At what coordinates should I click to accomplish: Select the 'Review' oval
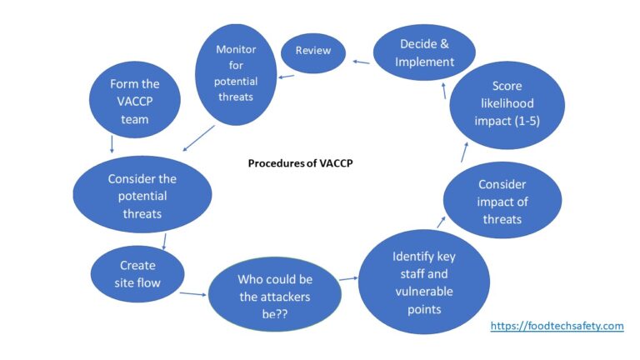pos(312,51)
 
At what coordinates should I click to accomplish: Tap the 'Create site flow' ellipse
pos(137,274)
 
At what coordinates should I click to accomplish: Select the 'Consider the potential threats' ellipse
pos(142,195)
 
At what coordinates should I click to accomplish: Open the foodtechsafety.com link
pos(556,326)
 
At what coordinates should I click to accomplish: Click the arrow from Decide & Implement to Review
pos(360,61)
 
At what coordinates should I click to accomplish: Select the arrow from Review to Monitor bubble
pos(286,77)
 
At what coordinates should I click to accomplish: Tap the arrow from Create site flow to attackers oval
pos(192,292)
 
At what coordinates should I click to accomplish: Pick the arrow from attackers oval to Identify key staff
pos(347,277)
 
